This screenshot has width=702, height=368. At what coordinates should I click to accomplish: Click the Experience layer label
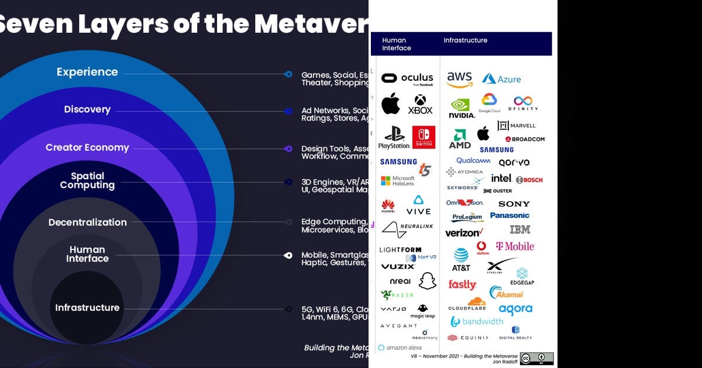point(87,72)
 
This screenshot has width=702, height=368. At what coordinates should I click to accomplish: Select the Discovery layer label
point(87,110)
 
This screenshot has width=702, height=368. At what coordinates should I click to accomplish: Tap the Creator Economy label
point(87,148)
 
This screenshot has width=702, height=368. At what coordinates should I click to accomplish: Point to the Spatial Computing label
point(87,180)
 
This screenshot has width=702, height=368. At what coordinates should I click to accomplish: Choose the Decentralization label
point(87,223)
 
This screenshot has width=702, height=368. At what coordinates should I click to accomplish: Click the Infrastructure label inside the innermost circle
point(87,308)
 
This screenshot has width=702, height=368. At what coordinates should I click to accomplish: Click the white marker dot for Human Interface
point(288,255)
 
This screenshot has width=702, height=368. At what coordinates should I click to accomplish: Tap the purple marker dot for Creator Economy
point(288,149)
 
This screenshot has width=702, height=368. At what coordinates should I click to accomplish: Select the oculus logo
point(407,78)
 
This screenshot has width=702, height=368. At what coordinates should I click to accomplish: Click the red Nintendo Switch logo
point(424,137)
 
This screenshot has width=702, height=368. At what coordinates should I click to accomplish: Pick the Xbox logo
point(420,105)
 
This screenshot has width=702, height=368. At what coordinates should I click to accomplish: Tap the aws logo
point(459,79)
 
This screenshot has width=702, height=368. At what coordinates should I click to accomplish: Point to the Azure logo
point(501,79)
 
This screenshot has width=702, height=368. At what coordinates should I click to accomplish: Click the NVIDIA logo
point(462,108)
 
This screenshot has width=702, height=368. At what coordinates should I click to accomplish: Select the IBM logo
point(519,230)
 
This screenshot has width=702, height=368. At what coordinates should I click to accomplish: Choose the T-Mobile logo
point(515,247)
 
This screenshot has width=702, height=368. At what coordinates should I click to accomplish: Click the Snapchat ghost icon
point(428,280)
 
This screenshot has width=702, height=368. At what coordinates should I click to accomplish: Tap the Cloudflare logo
point(467,304)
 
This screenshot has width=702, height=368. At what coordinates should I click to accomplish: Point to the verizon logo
point(464,232)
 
